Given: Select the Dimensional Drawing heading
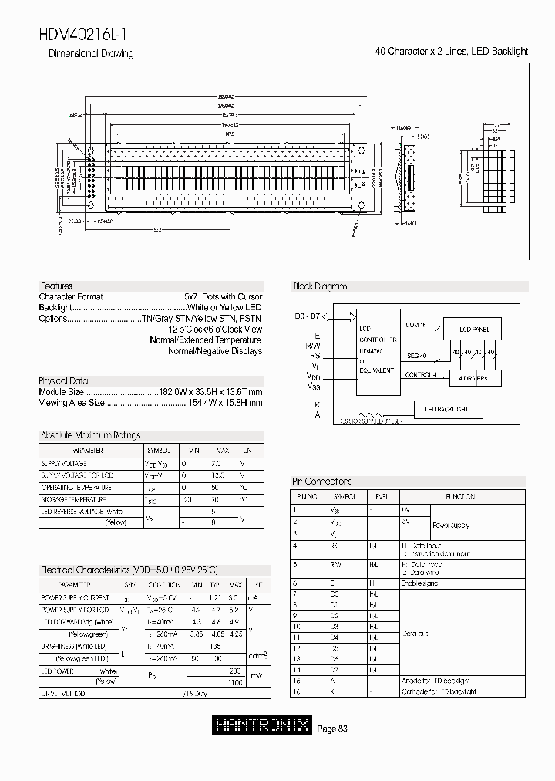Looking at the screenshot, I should [91, 54].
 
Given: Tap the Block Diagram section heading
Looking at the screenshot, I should [320, 286].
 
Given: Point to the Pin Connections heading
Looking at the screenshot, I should [322, 482].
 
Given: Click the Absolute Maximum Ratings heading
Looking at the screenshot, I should [90, 435].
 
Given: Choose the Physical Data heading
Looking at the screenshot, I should [63, 381].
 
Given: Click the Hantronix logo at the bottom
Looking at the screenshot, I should [262, 725].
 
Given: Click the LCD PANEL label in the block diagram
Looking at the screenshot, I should [474, 330].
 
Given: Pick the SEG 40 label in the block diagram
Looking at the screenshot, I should [416, 356].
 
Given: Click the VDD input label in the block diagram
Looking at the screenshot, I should [314, 375].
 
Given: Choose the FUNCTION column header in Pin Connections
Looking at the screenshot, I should [459, 497].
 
